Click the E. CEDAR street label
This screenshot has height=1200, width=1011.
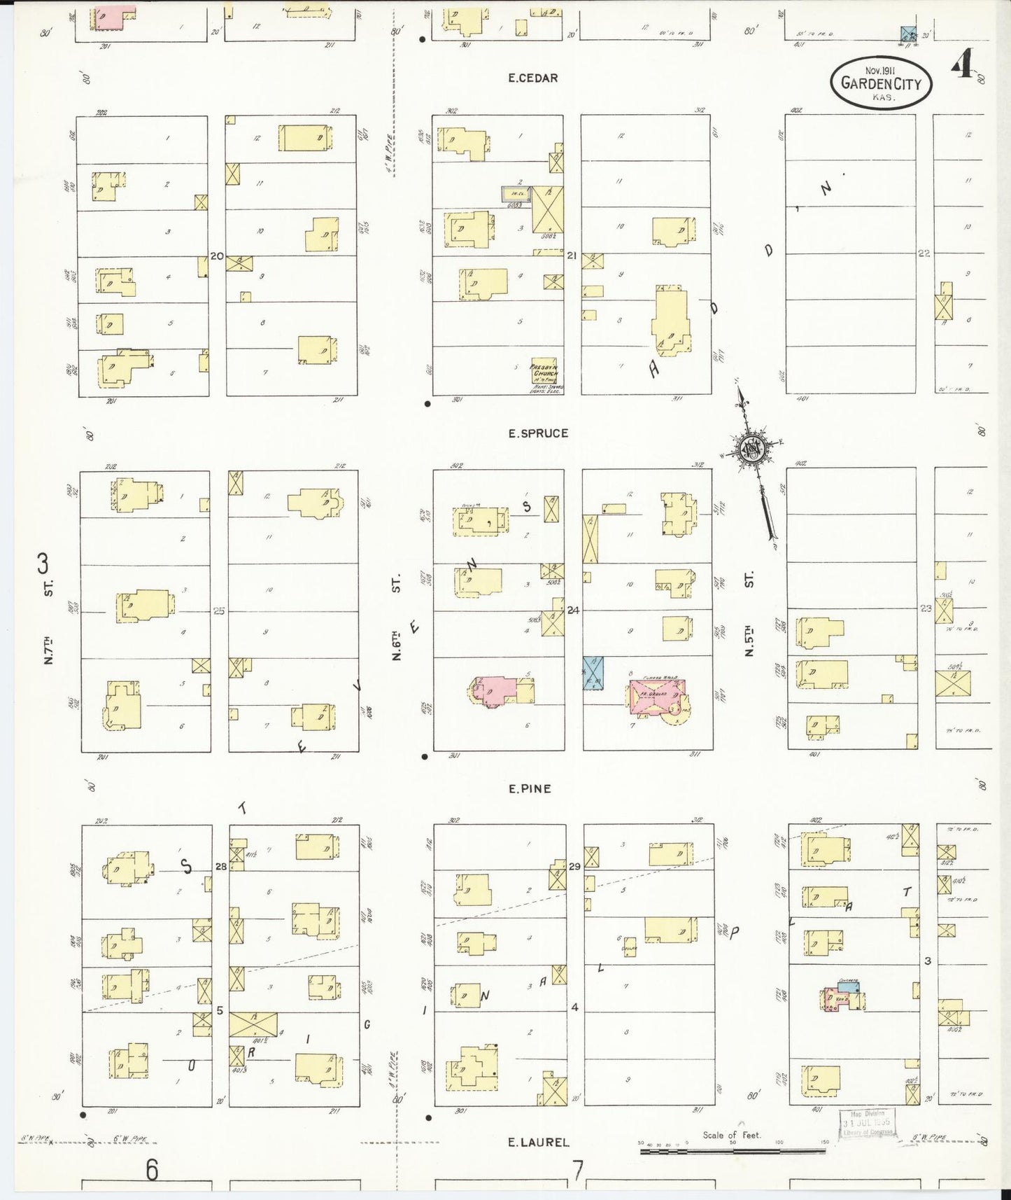(x=533, y=78)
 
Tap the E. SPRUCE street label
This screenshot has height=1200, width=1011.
(x=538, y=433)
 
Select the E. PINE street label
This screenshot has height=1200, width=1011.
(x=530, y=789)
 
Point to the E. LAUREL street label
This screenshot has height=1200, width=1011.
(x=538, y=1142)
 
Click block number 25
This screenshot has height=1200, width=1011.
(x=218, y=611)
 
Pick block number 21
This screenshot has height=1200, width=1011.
(x=572, y=256)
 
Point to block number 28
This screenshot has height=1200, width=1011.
(x=220, y=867)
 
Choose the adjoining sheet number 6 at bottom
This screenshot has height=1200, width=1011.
(x=151, y=1168)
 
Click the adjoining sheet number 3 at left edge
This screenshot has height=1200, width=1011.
(x=43, y=563)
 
